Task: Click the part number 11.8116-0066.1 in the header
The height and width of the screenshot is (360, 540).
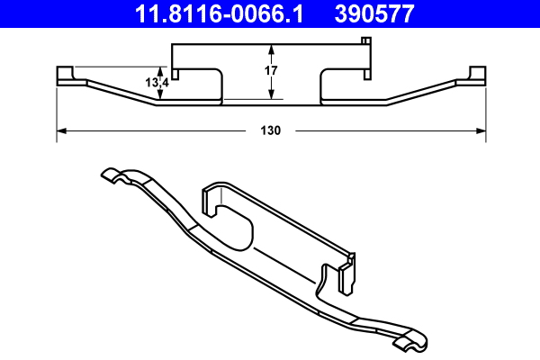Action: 210,14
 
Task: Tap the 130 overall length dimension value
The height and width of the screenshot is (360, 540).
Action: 271,130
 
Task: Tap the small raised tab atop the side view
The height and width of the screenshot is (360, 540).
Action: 364,40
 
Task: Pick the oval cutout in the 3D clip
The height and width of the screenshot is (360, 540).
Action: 236,227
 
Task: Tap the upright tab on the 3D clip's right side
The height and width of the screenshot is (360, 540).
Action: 346,275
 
